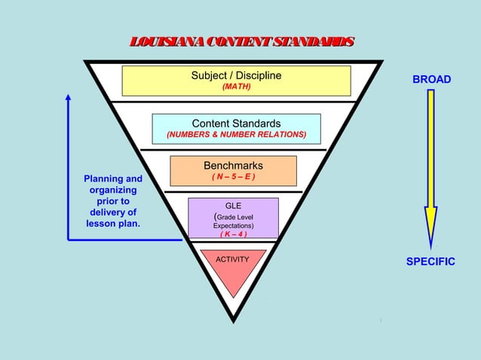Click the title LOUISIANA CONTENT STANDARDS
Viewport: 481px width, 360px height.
240,42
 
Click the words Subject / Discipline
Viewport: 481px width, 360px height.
236,75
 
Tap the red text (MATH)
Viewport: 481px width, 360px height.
236,87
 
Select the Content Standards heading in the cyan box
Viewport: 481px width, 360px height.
236,124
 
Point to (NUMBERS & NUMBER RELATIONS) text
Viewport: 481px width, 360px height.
236,135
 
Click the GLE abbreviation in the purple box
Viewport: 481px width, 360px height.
233,205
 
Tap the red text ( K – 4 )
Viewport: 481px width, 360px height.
233,233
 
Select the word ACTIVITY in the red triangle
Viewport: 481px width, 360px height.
232,259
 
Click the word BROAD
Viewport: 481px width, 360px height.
431,79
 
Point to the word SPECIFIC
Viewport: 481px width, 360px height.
430,262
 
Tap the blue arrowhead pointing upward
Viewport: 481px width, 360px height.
68,98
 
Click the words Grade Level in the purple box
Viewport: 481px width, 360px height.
237,216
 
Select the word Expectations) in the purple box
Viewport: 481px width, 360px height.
233,225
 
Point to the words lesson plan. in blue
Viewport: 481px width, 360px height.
113,224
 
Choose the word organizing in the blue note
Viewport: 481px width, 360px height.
113,191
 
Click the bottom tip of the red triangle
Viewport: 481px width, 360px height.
234,296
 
